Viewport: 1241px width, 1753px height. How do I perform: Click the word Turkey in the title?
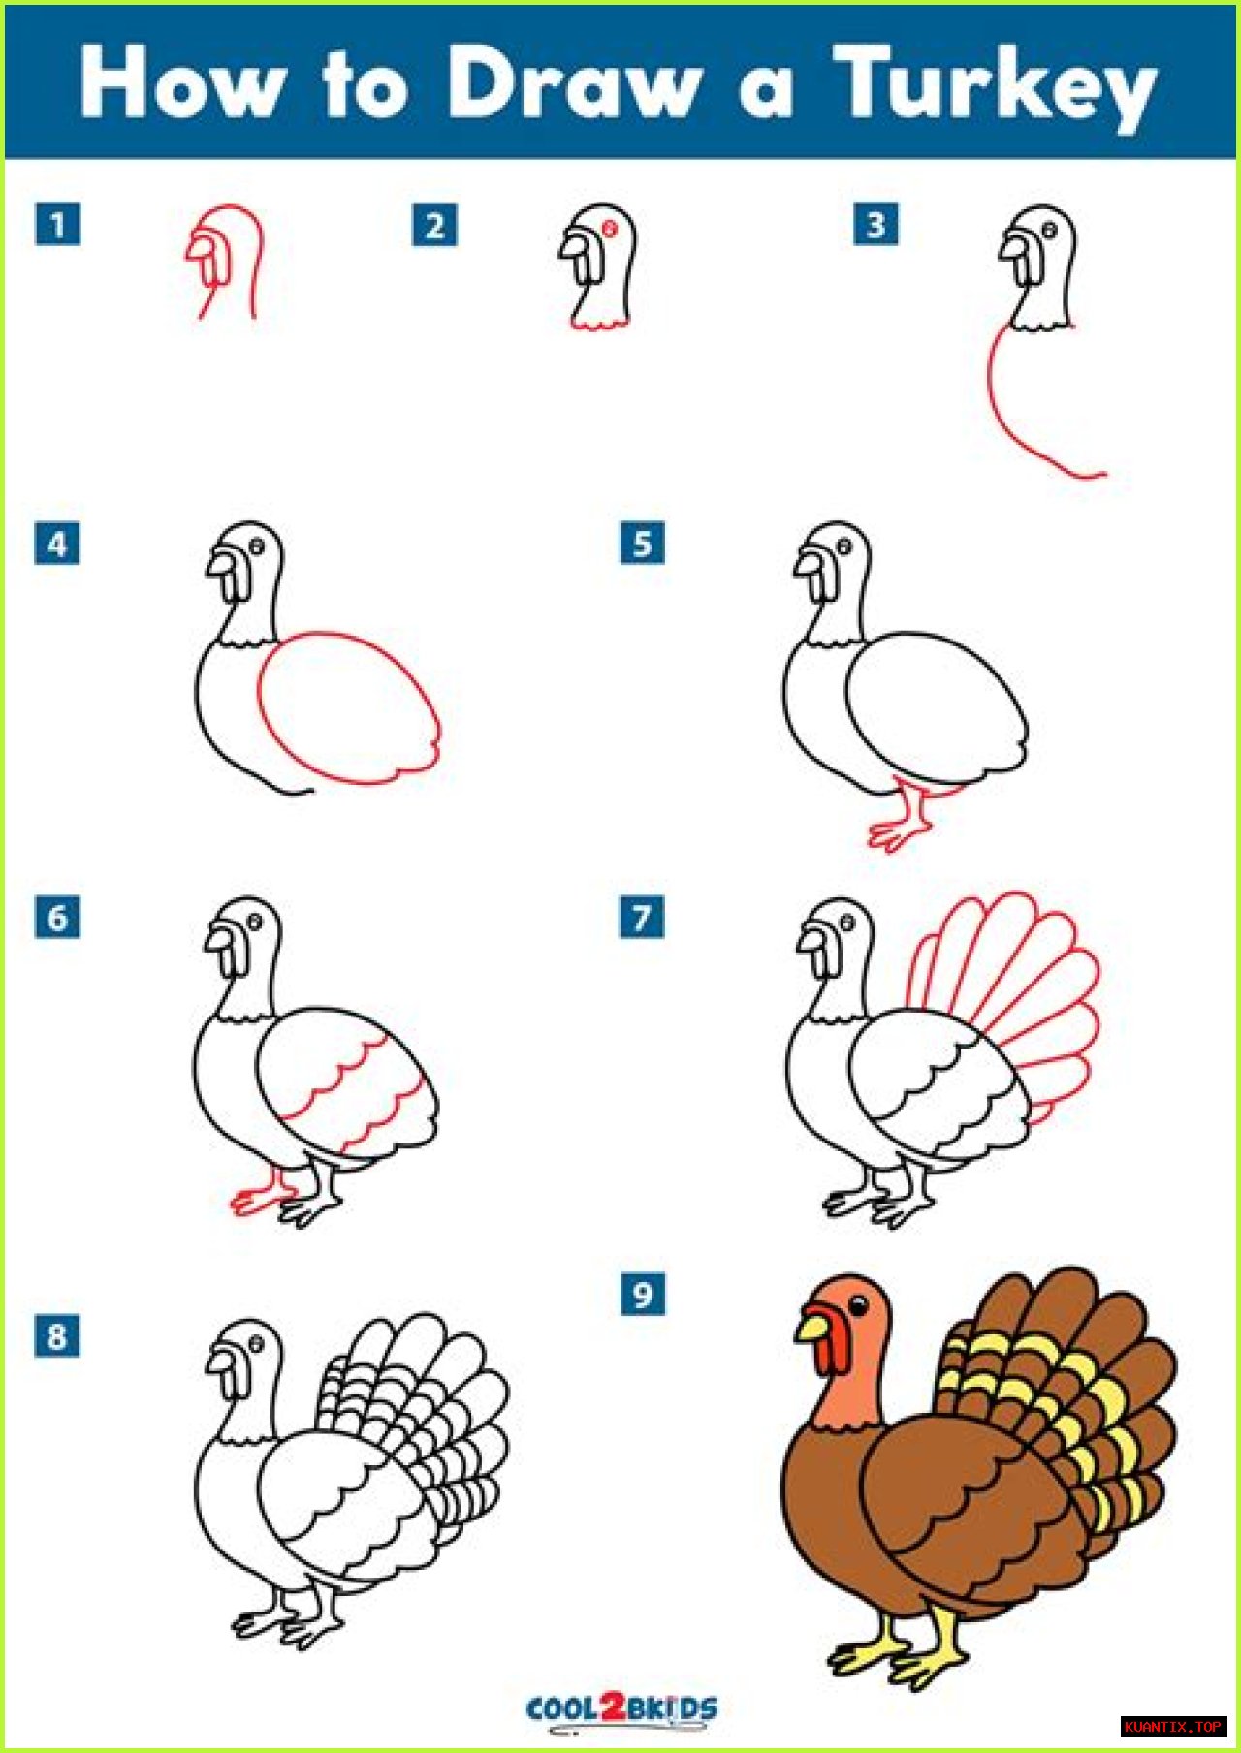click(998, 87)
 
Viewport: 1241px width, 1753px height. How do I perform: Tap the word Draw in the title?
click(574, 81)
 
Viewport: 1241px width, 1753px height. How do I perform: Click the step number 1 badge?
click(57, 225)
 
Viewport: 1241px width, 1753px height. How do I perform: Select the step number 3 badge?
click(875, 225)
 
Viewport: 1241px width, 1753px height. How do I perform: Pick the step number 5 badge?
click(643, 543)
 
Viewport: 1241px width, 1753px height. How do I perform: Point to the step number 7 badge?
click(643, 917)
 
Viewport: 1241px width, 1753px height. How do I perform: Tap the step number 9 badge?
click(643, 1294)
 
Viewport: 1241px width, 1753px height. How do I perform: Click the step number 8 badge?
click(57, 1335)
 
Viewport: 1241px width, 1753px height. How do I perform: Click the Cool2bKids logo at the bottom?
click(621, 1707)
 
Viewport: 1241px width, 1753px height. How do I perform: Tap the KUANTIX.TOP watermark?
click(1173, 1727)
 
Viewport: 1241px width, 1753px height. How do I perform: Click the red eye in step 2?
click(610, 228)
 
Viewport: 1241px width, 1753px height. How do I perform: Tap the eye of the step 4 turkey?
click(257, 547)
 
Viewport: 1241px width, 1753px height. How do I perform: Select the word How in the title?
click(178, 81)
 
